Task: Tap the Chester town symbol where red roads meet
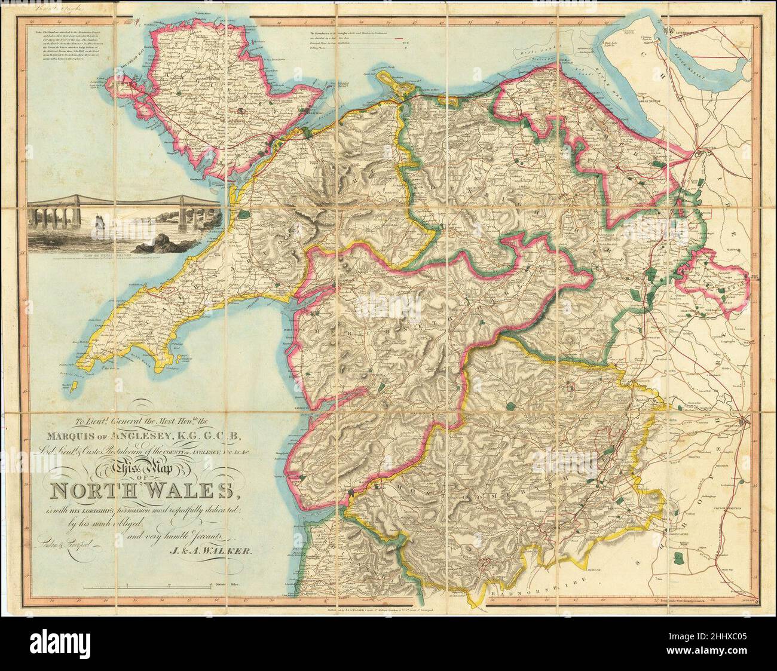click(705, 155)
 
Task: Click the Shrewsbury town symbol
click(742, 419)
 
